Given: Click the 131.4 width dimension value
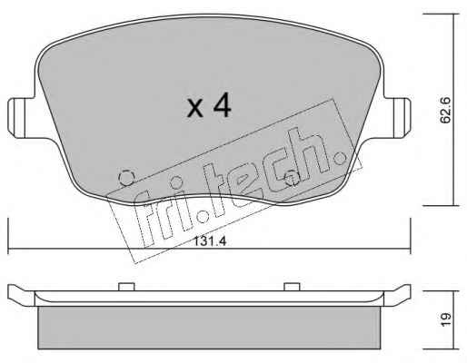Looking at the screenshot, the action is pyautogui.click(x=210, y=241).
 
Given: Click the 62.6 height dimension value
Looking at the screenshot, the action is pyautogui.click(x=445, y=110).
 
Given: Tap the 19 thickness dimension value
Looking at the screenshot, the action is pyautogui.click(x=445, y=319).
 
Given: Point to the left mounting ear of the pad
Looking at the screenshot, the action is pyautogui.click(x=21, y=118).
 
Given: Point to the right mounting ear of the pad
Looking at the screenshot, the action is pyautogui.click(x=397, y=118).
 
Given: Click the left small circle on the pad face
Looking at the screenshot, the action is pyautogui.click(x=126, y=178).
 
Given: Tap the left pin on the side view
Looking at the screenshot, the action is pyautogui.click(x=126, y=287).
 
